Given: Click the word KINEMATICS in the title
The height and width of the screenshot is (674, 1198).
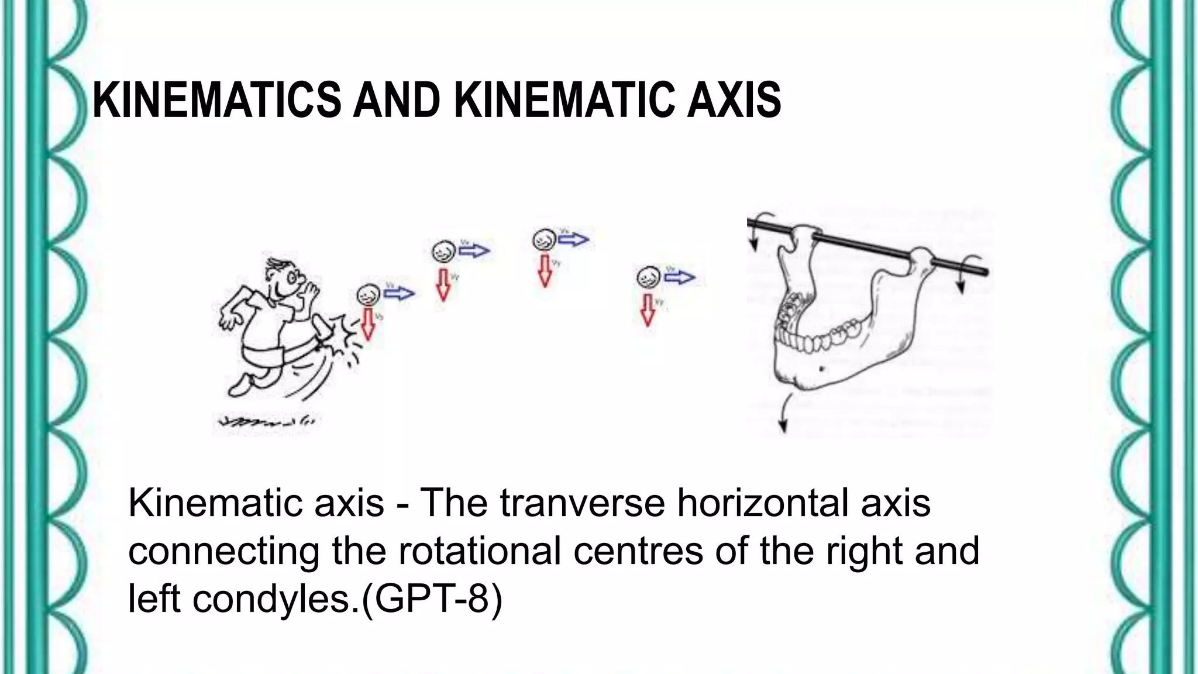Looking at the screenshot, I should click(x=216, y=100).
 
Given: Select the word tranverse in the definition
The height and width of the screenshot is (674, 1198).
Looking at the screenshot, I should click(x=582, y=503).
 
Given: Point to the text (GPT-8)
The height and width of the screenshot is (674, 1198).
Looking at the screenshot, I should click(x=432, y=599).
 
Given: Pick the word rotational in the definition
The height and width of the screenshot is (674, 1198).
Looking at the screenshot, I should click(x=480, y=551).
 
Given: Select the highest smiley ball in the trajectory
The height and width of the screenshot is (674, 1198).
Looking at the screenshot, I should click(x=544, y=240).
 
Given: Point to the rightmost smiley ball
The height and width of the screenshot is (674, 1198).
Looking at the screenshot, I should click(x=648, y=277).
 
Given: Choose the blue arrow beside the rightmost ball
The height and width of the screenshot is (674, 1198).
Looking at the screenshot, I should click(x=679, y=277).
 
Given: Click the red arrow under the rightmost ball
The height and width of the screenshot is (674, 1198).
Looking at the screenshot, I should click(x=648, y=310).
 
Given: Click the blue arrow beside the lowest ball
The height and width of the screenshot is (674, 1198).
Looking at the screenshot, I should click(x=398, y=293).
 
